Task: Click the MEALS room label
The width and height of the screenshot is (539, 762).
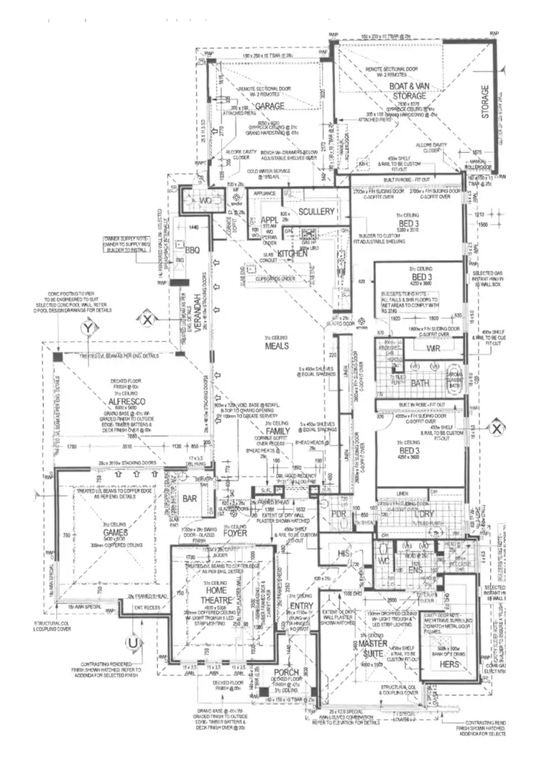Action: pyautogui.click(x=276, y=345)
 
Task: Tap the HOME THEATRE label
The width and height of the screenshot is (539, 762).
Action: pyautogui.click(x=216, y=595)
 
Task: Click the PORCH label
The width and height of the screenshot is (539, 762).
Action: pyautogui.click(x=286, y=673)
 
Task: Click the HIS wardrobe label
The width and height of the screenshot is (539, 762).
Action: pyautogui.click(x=344, y=553)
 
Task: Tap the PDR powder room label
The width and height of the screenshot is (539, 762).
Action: pyautogui.click(x=339, y=514)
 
